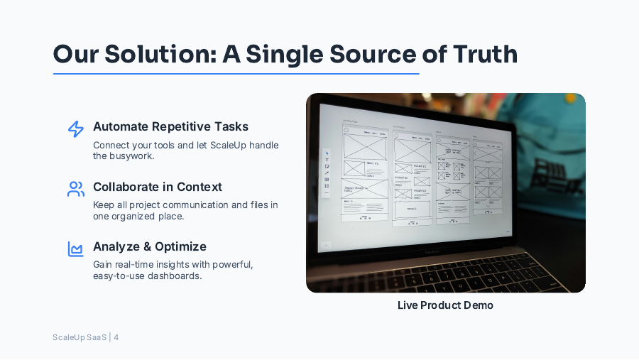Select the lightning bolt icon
(76, 129)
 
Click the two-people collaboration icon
(76, 189)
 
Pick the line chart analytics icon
(76, 249)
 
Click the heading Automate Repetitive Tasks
(170, 126)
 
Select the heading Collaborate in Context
(158, 187)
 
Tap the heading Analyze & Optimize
(150, 246)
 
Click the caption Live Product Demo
(445, 305)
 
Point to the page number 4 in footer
(116, 337)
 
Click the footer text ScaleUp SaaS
(80, 337)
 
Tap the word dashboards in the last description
(177, 276)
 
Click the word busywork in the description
(132, 156)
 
